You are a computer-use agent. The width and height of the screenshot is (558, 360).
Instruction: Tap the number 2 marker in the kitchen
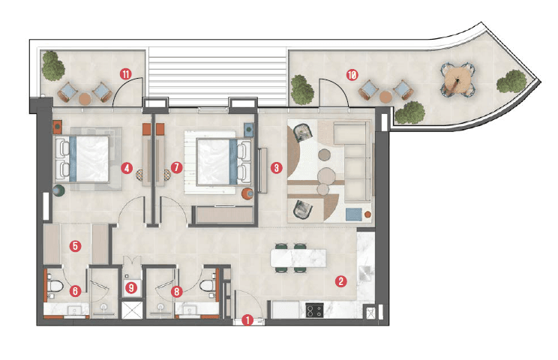pyautogui.click(x=341, y=282)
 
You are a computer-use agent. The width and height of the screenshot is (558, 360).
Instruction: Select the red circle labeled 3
pyautogui.click(x=277, y=168)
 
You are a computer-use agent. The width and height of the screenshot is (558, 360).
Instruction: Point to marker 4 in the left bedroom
pyautogui.click(x=128, y=168)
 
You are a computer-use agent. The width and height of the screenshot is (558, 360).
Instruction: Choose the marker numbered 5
pyautogui.click(x=74, y=244)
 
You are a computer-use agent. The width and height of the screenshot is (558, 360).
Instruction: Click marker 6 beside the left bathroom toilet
pyautogui.click(x=74, y=289)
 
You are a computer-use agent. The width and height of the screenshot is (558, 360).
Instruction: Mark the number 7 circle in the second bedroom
pyautogui.click(x=176, y=168)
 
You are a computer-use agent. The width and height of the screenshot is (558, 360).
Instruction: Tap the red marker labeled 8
pyautogui.click(x=177, y=289)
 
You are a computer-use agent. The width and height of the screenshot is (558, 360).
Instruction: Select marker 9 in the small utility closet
pyautogui.click(x=132, y=286)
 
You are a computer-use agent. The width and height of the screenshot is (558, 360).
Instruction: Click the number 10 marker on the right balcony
pyautogui.click(x=351, y=74)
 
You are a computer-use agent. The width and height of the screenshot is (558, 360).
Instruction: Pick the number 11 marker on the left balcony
pyautogui.click(x=125, y=73)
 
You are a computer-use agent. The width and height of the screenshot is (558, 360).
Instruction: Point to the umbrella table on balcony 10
pyautogui.click(x=455, y=78)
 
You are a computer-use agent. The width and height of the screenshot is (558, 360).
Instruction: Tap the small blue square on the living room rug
pyautogui.click(x=352, y=214)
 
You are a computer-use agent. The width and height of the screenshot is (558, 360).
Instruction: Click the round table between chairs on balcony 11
pyautogui.click(x=85, y=97)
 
